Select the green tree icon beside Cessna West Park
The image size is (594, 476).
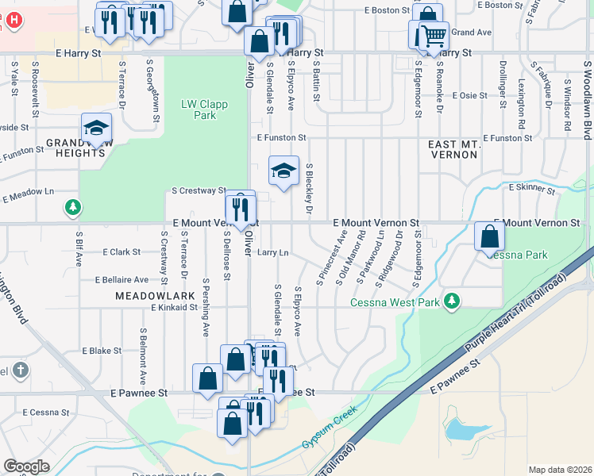click(452, 301)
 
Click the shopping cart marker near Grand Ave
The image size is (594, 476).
click(433, 36)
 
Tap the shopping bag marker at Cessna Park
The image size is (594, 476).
click(490, 236)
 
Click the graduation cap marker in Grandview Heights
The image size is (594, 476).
click(96, 128)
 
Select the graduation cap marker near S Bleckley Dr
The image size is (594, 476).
click(283, 171)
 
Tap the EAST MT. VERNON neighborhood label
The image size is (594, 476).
click(453, 150)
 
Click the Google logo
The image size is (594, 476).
click(26, 466)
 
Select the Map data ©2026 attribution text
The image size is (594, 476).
click(559, 470)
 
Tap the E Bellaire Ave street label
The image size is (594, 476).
click(121, 280)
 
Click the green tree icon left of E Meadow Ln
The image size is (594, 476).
click(73, 208)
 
